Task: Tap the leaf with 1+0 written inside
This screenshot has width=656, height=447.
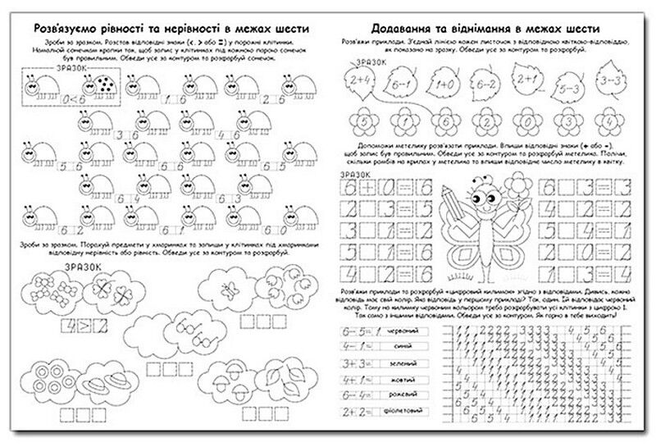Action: coord(445,82)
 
